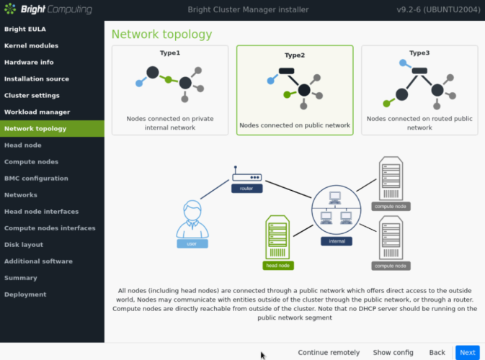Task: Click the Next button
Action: coord(467,352)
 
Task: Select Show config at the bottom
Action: coord(393,352)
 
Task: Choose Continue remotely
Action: coord(329,352)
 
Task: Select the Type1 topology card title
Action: coord(170,53)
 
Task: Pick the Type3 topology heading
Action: coord(419,53)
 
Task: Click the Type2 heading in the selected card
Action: coord(295,55)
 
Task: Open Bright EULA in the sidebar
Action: coord(25,29)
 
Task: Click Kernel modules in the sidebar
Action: coord(32,45)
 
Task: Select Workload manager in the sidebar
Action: coord(37,112)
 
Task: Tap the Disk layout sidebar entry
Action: coord(24,244)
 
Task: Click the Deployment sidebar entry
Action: coord(25,294)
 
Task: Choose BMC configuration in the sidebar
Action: coord(36,178)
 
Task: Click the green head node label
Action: coord(278,266)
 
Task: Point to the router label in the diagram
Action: coord(246,188)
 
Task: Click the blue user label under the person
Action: coord(192,244)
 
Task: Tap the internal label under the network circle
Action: coord(336,241)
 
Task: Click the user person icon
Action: coord(192,219)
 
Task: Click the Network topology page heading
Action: coord(161,34)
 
